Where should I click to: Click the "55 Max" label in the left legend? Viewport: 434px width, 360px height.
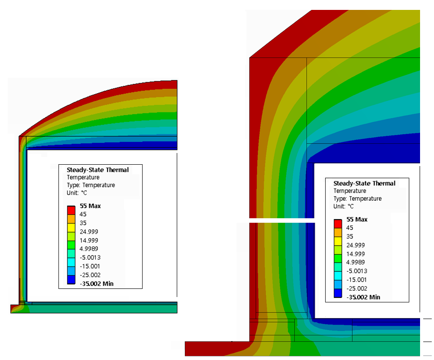pyautogui.click(x=90, y=206)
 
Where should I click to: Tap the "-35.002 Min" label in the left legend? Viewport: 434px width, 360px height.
pyautogui.click(x=97, y=283)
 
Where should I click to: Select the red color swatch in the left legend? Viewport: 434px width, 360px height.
pyautogui.click(x=71, y=210)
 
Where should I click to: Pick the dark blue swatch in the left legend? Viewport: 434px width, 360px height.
pyautogui.click(x=71, y=280)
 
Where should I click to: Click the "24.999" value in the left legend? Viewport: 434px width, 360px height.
pyautogui.click(x=89, y=232)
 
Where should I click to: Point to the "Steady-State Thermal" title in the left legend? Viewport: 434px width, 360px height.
pyautogui.click(x=98, y=170)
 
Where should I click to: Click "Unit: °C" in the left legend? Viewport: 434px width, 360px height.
pyautogui.click(x=77, y=193)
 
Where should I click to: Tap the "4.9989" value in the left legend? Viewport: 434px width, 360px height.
pyautogui.click(x=89, y=249)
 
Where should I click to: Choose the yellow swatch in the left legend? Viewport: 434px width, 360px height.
pyautogui.click(x=71, y=228)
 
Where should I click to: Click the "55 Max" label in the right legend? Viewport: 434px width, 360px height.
pyautogui.click(x=357, y=220)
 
